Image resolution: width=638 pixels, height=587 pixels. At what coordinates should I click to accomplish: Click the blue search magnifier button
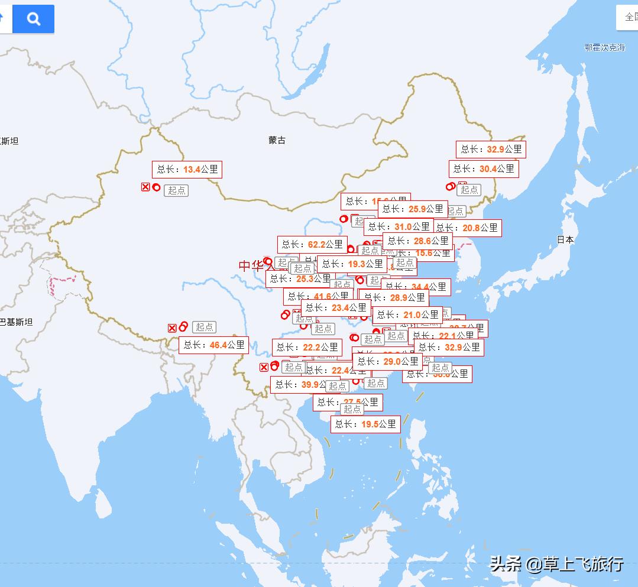coord(34,19)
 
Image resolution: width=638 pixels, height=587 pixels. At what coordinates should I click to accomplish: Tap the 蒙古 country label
coord(277,140)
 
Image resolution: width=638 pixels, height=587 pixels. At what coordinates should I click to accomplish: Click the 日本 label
coord(565,239)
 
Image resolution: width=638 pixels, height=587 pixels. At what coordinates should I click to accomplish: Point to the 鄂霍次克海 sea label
coord(605,47)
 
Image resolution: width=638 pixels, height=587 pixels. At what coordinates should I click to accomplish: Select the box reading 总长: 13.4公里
coord(187,169)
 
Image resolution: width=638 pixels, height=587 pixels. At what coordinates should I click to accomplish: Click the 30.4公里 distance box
coord(484,168)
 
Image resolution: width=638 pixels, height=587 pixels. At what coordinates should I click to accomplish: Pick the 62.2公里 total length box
coord(312,244)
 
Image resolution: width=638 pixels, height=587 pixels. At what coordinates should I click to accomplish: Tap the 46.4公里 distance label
coord(214,345)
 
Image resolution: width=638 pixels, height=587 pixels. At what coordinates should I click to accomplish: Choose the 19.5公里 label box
coord(365,424)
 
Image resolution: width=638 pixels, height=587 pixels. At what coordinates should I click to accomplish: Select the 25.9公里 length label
coord(413,209)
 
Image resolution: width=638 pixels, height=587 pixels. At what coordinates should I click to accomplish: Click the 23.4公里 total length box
coord(336,308)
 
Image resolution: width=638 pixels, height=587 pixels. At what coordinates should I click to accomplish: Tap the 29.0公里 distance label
coord(387,361)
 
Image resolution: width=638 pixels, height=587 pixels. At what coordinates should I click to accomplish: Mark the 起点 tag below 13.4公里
coord(176,190)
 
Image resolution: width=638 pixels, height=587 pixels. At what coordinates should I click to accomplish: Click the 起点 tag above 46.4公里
coord(205,327)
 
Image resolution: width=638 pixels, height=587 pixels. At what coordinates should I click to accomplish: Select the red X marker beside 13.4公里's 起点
coord(145,187)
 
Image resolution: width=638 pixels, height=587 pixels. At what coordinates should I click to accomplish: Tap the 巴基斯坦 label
coord(17,322)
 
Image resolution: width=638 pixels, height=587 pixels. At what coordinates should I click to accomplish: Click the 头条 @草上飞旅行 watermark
coord(556,563)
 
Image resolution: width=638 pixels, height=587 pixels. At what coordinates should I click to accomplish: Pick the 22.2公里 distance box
coord(307,347)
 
